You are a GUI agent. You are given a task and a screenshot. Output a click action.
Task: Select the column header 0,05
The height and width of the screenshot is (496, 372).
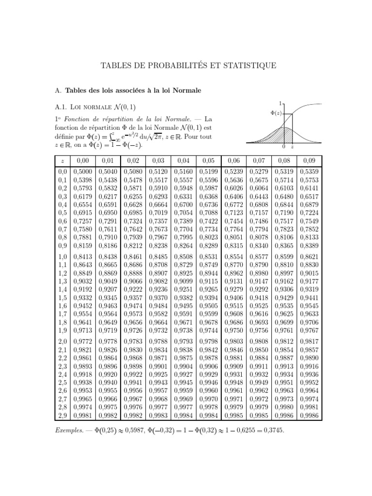(208, 160)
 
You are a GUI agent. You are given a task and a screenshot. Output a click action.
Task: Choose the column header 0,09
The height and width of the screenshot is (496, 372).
(309, 160)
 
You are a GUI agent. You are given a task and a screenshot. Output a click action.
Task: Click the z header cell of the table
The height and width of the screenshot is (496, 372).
(62, 160)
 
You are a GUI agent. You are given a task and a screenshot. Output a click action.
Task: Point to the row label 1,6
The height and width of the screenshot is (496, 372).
(62, 306)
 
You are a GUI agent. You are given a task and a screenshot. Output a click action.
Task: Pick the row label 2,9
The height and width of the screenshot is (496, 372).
(62, 416)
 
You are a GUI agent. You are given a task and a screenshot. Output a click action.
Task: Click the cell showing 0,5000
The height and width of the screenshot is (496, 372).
(82, 171)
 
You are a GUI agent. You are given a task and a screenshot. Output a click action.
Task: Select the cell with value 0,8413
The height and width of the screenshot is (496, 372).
(82, 256)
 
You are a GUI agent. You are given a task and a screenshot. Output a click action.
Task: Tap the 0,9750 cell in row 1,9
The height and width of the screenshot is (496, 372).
(233, 330)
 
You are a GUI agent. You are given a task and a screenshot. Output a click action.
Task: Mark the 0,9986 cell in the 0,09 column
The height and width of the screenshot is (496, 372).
(309, 416)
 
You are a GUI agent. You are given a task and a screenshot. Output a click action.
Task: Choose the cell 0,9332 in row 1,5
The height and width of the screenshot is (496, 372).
(82, 297)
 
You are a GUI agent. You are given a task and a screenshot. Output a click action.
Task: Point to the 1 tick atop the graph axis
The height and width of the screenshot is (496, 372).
(281, 103)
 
